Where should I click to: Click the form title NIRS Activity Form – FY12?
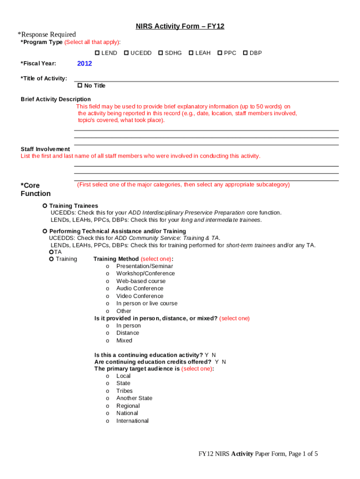(180, 27)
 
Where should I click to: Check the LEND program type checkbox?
(97, 53)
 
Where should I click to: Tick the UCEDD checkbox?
(126, 53)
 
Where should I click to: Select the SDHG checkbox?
(161, 53)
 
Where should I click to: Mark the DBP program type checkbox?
(245, 53)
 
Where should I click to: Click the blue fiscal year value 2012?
(85, 64)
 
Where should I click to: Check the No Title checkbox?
(80, 86)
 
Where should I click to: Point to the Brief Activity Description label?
(56, 99)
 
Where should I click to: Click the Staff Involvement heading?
(45, 149)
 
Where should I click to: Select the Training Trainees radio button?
(45, 206)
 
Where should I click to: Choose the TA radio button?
(51, 252)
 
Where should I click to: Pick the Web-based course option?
(108, 281)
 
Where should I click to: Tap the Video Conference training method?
(108, 296)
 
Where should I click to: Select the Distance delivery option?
(108, 333)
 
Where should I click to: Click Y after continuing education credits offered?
(217, 362)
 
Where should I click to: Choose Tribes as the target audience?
(108, 391)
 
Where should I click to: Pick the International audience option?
(108, 421)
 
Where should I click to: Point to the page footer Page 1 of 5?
(258, 454)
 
